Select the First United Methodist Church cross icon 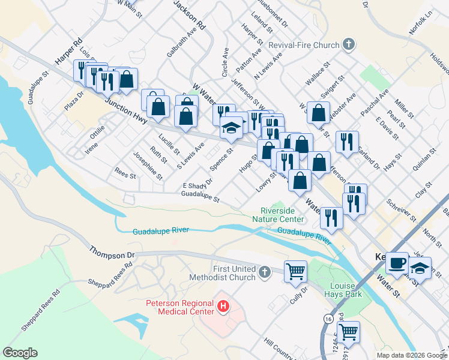coord(264,274)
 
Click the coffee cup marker coord(397,263)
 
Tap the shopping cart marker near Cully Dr coord(295,272)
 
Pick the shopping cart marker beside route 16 coord(348,331)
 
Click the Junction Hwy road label coord(126,112)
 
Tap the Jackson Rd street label coord(190,15)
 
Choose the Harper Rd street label coord(68,53)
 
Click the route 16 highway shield coord(328,318)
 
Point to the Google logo coord(20,353)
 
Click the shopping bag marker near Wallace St coord(318,112)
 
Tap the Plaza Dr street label coord(75,100)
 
